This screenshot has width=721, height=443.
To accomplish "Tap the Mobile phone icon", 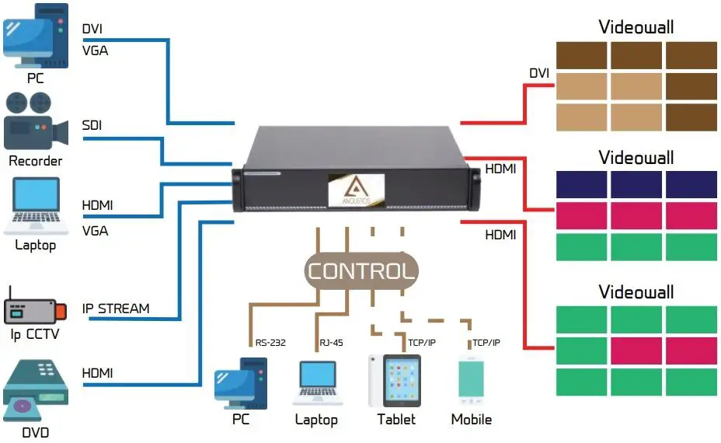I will click(472, 381).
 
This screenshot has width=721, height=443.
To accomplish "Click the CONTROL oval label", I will click(360, 271).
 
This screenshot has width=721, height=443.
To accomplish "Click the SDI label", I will click(92, 126).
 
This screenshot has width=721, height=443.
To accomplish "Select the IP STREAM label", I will click(116, 309).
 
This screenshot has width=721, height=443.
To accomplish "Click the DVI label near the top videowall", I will click(539, 74).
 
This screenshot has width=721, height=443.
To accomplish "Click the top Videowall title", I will click(636, 27).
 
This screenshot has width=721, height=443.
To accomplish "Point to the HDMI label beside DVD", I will click(97, 374).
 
